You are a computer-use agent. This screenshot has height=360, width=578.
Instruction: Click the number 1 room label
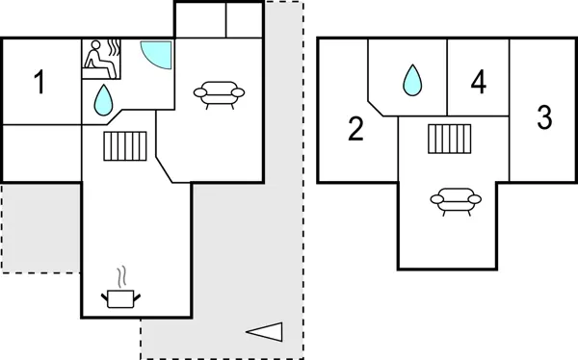click(x=39, y=84)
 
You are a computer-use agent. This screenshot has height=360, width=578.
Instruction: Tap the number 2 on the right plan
click(x=355, y=128)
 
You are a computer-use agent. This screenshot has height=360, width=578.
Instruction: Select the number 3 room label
click(x=544, y=118)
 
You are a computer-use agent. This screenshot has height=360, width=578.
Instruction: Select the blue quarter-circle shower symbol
click(x=155, y=53)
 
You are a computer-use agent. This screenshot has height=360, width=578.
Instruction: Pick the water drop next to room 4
click(x=412, y=80)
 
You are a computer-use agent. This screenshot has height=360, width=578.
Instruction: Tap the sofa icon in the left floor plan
click(x=218, y=93)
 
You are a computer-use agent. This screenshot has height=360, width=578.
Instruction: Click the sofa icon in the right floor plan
click(x=455, y=199)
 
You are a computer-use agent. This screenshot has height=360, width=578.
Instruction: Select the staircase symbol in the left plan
click(x=123, y=146)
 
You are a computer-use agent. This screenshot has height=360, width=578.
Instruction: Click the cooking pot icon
click(x=120, y=298)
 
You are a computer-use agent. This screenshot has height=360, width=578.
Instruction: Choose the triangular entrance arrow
click(x=265, y=331)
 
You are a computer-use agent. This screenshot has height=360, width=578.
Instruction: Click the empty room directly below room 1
click(x=40, y=152)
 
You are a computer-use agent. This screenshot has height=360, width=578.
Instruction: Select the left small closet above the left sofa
click(x=200, y=19)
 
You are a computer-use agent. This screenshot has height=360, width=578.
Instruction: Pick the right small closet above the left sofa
click(x=244, y=19)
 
